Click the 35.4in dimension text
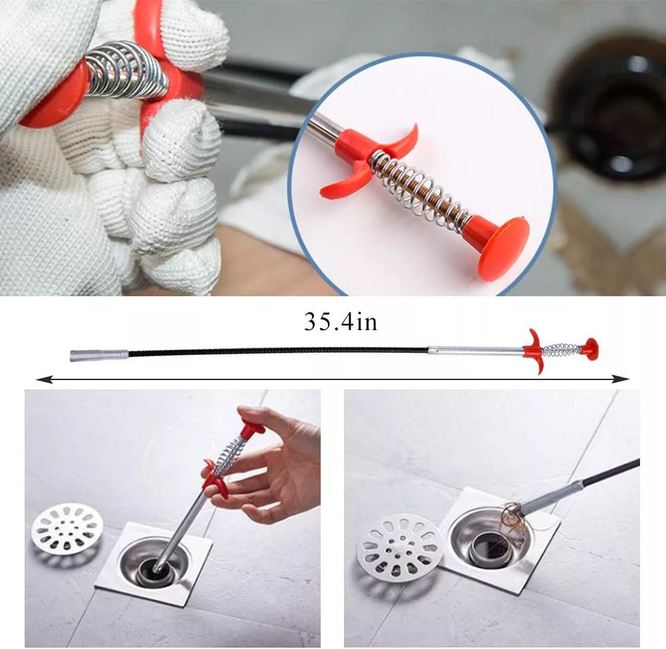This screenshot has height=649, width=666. coord(341,322)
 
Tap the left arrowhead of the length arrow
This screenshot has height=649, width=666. coord(43,379)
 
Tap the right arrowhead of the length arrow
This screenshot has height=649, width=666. coord(622,379)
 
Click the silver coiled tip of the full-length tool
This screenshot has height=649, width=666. coord(99,355)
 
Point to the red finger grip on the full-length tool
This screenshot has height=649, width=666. coord(534,351)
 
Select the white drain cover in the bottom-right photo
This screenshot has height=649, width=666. coord(399,548)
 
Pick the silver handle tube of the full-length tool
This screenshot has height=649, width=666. coord(476,351)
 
